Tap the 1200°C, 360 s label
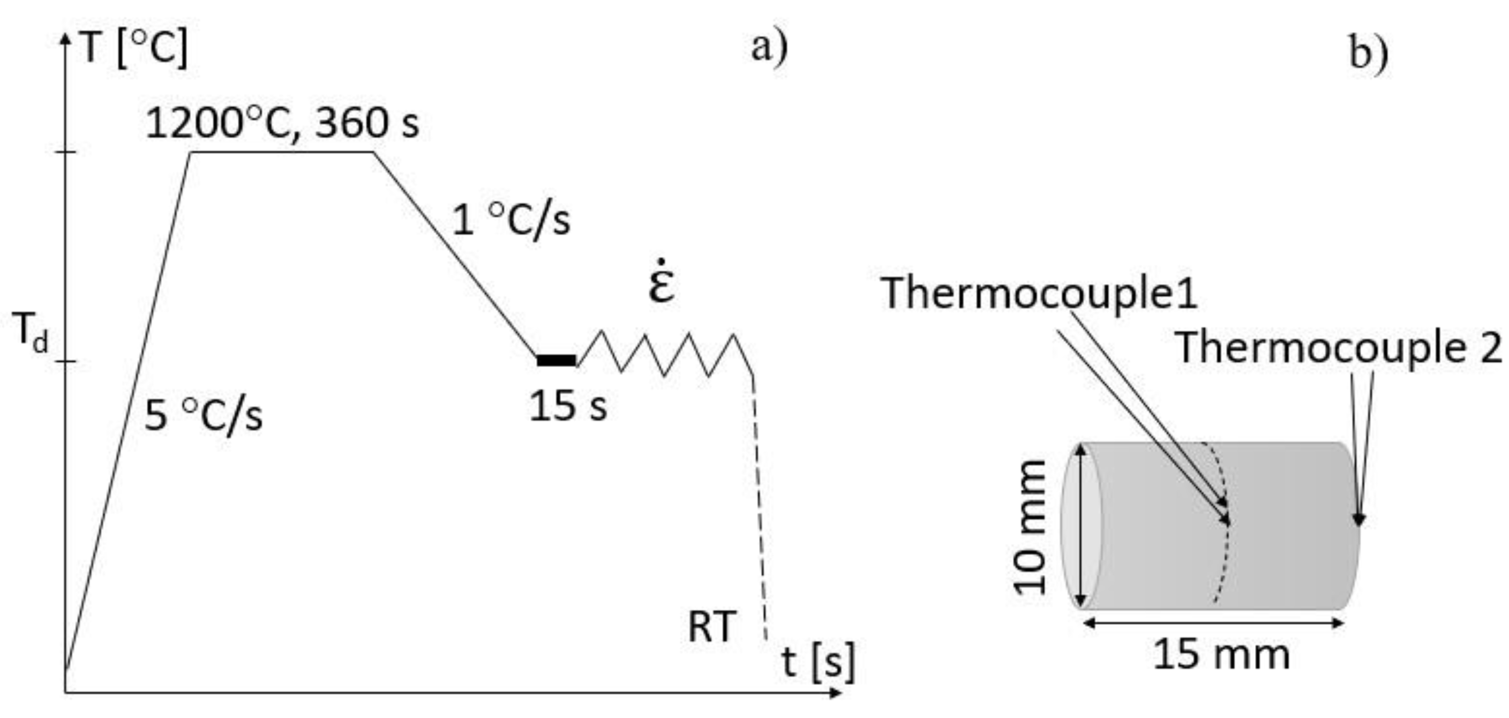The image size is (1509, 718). pyautogui.click(x=282, y=124)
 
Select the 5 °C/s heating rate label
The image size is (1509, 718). pyautogui.click(x=203, y=416)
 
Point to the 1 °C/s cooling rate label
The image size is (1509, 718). pyautogui.click(x=511, y=220)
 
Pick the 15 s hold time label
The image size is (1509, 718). pyautogui.click(x=568, y=406)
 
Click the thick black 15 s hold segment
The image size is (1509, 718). pyautogui.click(x=556, y=361)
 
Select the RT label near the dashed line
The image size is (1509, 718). pyautogui.click(x=712, y=626)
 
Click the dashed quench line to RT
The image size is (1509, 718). pyautogui.click(x=760, y=510)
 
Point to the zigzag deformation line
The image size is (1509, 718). pyautogui.click(x=665, y=355)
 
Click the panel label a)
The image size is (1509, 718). pyautogui.click(x=769, y=48)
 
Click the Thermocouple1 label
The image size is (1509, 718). pyautogui.click(x=1039, y=293)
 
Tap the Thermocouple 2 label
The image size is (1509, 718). pyautogui.click(x=1339, y=348)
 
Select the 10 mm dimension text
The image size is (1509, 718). pyautogui.click(x=1029, y=527)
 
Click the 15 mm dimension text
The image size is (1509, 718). pyautogui.click(x=1221, y=654)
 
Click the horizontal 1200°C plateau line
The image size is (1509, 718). pyautogui.click(x=281, y=152)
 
